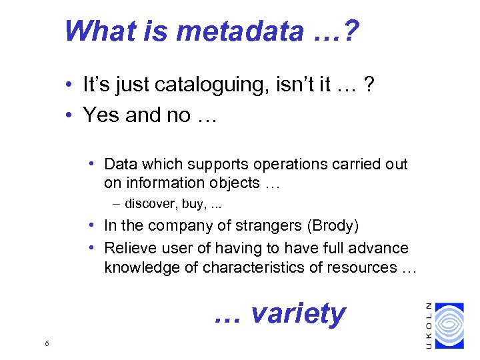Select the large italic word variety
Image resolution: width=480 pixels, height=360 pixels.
[297, 313]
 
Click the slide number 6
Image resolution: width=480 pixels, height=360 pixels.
[45, 343]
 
